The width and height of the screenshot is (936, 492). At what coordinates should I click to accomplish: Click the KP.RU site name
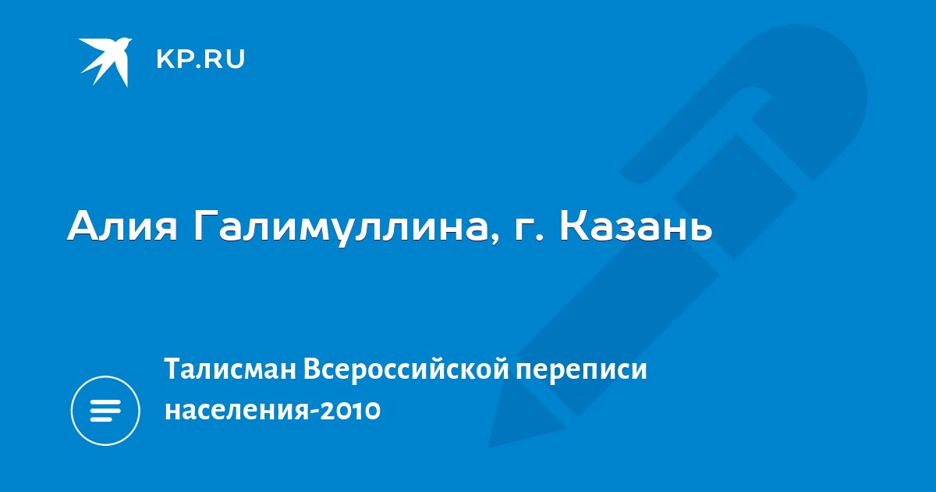point(200,59)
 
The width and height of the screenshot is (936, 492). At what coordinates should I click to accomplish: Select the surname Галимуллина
point(341,227)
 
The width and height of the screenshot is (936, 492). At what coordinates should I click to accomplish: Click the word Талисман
point(231,369)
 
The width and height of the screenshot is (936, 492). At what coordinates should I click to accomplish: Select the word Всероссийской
point(406,370)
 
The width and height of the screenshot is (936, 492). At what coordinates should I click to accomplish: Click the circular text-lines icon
point(105,411)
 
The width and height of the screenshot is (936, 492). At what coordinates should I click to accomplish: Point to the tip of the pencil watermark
point(489,447)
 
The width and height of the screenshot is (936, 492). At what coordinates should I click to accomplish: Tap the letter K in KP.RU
point(165,59)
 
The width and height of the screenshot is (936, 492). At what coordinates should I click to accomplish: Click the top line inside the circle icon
point(105,402)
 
